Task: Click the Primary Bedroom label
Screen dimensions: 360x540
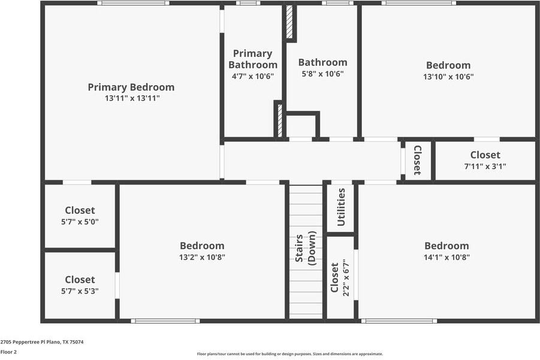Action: [x=131, y=87]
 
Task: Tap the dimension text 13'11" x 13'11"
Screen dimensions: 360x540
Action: [x=132, y=98]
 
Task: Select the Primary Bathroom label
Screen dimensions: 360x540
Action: [x=252, y=59]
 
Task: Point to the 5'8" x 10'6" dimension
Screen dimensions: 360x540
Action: [x=322, y=74]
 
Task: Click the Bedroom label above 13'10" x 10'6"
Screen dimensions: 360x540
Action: [x=448, y=65]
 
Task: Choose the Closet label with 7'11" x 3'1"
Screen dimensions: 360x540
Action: [x=485, y=155]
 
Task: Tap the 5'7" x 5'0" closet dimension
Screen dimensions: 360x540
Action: [x=80, y=222]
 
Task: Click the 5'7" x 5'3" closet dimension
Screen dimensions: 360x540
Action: [x=80, y=291]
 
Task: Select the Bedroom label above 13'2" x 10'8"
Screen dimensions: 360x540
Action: [x=202, y=246]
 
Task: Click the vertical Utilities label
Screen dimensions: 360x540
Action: [x=341, y=207]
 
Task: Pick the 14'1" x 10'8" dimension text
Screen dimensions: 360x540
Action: [x=447, y=258]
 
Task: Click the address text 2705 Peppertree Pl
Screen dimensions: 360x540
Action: [x=42, y=342]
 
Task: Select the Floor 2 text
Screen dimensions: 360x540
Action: [x=8, y=352]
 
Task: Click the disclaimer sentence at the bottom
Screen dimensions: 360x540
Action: [x=290, y=354]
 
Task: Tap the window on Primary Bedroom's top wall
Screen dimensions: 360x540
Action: [x=133, y=3]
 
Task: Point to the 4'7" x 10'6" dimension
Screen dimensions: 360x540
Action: [x=252, y=77]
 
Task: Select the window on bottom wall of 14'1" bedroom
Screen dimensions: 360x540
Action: [x=399, y=321]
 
